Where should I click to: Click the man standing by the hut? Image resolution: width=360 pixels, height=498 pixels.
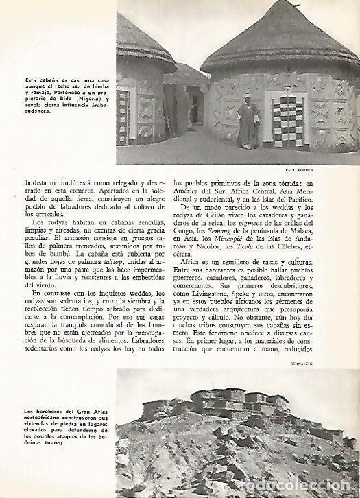click(246, 127)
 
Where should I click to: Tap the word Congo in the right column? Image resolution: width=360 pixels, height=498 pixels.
click(187, 235)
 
